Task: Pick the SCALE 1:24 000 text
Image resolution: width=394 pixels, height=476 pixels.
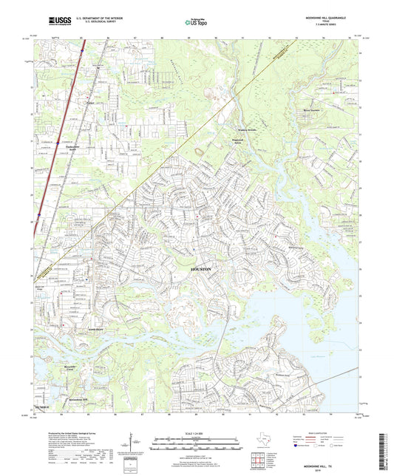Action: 196,432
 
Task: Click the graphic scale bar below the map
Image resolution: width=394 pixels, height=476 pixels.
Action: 196,441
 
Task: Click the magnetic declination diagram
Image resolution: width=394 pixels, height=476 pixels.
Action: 132,442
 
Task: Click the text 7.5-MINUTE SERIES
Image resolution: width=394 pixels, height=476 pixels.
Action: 342,27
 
